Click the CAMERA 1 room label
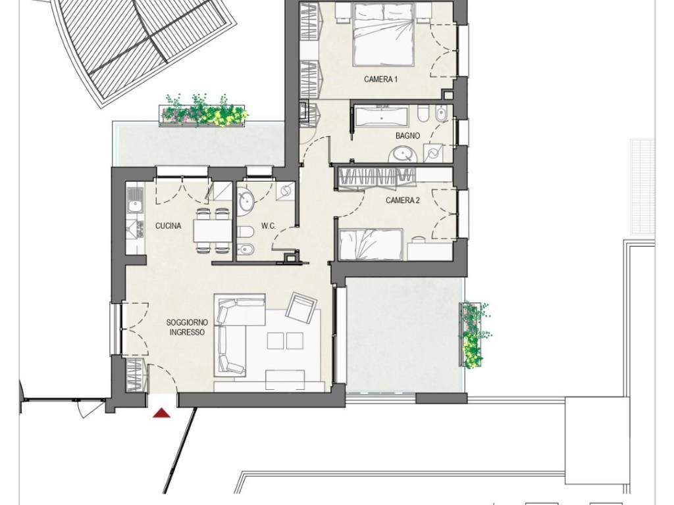381,80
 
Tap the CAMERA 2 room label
402,200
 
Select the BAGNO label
407,135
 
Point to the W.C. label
269,226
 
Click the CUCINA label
168,226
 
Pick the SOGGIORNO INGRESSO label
187,327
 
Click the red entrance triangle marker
162,413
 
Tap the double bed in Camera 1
384,34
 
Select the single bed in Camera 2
371,245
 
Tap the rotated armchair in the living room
302,308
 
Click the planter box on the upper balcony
203,112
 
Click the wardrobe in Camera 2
376,178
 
